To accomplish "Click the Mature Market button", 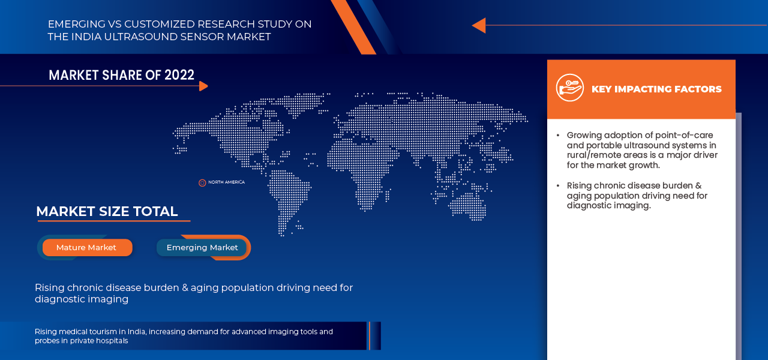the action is pyautogui.click(x=87, y=248).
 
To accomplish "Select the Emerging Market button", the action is pyautogui.click(x=202, y=248).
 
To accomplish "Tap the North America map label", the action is pyautogui.click(x=227, y=182).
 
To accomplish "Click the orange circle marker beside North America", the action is pyautogui.click(x=202, y=183).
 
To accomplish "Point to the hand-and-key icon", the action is pyautogui.click(x=570, y=88).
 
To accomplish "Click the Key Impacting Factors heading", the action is pyautogui.click(x=656, y=89).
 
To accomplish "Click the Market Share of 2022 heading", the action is pyautogui.click(x=121, y=75).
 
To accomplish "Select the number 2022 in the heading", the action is pyautogui.click(x=179, y=75).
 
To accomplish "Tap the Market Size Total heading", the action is pyautogui.click(x=107, y=211).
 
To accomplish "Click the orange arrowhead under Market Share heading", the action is pyautogui.click(x=203, y=86).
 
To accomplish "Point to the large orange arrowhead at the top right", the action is pyautogui.click(x=479, y=25).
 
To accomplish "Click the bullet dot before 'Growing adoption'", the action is pyautogui.click(x=558, y=136).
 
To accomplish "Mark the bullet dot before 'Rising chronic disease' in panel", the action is pyautogui.click(x=558, y=186).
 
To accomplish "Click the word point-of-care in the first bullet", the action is pyautogui.click(x=684, y=135).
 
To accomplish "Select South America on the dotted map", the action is pyautogui.click(x=288, y=199).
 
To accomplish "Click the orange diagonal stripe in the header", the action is pyautogui.click(x=353, y=27).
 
